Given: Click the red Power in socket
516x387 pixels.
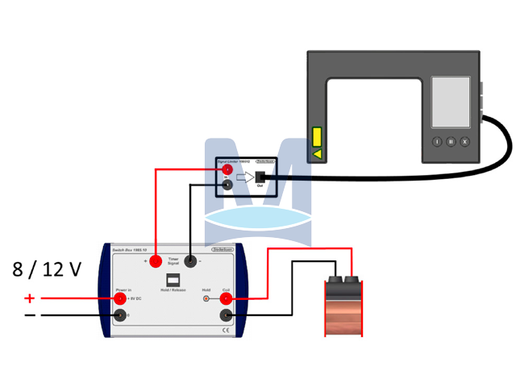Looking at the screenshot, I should [x=120, y=298].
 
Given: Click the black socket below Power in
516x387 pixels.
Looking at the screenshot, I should [x=120, y=314].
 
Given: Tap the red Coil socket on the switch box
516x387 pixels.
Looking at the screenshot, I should [x=227, y=299].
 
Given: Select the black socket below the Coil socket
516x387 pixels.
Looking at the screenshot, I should [x=227, y=315].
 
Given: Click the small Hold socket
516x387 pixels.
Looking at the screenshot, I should [x=206, y=299].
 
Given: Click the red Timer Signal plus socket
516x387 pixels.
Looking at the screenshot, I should [x=155, y=260].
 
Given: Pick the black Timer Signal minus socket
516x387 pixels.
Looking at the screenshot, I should [x=191, y=260].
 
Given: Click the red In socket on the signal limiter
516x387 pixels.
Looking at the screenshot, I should [x=227, y=170].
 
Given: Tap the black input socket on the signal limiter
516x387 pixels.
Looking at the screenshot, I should [x=227, y=185].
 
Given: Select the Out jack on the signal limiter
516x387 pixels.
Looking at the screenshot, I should [x=260, y=177].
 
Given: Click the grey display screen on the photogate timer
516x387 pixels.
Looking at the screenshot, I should [x=451, y=102].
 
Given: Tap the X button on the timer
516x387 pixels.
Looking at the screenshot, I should [x=464, y=141].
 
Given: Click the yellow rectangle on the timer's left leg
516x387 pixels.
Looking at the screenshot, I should [x=318, y=135].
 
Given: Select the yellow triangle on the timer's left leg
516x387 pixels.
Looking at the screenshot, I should [x=318, y=152].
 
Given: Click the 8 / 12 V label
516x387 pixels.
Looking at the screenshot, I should [x=48, y=269].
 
